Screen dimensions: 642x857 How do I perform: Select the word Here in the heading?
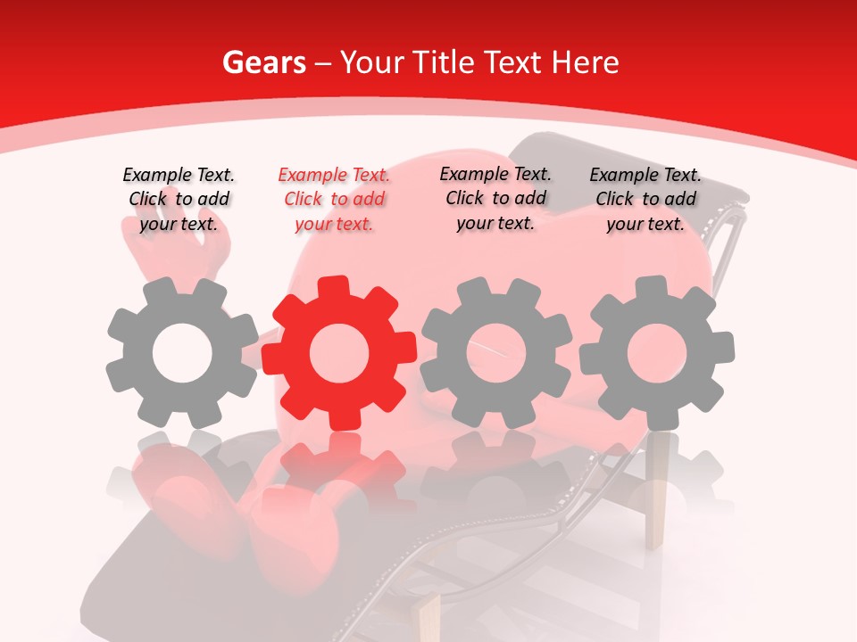point(585,62)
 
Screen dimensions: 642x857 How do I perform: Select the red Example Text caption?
point(334,200)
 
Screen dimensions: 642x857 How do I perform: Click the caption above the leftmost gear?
point(179,200)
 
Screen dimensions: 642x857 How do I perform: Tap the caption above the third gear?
point(495,198)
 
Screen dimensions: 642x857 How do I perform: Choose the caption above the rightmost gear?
point(645,200)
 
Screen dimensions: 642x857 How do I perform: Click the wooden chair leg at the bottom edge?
point(428,620)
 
